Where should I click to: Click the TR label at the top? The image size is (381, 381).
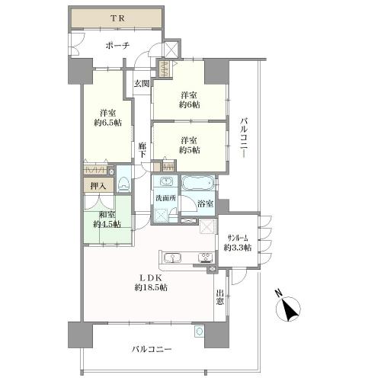(116, 17)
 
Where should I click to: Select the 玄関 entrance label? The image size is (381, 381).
(142, 82)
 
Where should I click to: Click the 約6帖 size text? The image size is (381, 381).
(189, 106)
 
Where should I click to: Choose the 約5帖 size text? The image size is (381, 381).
(189, 150)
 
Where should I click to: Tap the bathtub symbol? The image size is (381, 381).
(198, 184)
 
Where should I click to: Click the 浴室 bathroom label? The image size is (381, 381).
(205, 204)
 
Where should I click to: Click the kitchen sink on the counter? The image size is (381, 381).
(171, 256)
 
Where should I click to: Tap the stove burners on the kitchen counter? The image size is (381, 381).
(205, 257)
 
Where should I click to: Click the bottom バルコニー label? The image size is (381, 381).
(151, 350)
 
